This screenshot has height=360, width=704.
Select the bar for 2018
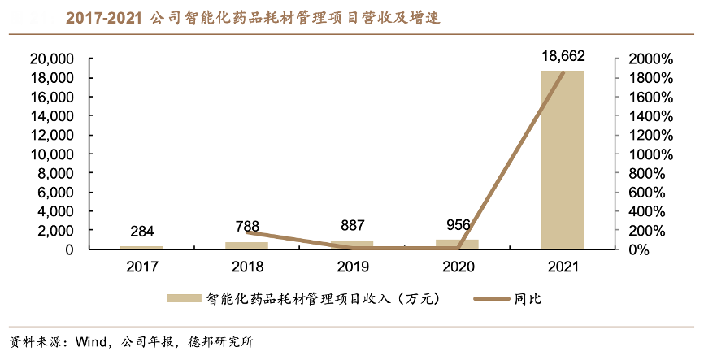coord(246,245)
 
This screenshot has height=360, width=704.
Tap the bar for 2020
coord(458,244)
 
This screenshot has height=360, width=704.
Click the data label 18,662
coord(563,56)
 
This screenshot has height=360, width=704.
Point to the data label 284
coord(141,232)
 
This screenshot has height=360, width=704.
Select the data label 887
coord(352,226)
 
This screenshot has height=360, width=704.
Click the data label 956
coord(458,225)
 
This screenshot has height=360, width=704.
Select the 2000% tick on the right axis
coord(649,59)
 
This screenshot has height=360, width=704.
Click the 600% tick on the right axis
coord(645,193)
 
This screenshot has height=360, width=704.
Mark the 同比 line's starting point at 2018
coord(246,232)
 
